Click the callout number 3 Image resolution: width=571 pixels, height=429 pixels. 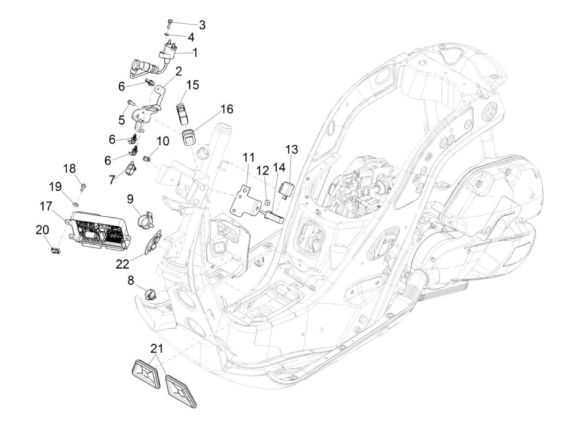click(x=202, y=25)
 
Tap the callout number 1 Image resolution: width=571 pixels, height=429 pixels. click(x=195, y=53)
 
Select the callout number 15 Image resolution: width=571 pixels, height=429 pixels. click(x=193, y=85)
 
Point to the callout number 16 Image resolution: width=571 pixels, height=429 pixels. click(x=227, y=109)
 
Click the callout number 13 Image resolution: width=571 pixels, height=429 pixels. click(x=292, y=149)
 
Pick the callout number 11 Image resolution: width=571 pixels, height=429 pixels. click(x=249, y=157)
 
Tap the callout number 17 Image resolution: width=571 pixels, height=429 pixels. click(x=46, y=206)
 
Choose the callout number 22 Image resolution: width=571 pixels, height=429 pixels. click(x=122, y=264)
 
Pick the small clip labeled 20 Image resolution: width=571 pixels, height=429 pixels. click(x=55, y=250)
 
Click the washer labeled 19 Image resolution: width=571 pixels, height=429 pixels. click(x=76, y=202)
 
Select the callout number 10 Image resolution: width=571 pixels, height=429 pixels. click(x=163, y=142)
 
